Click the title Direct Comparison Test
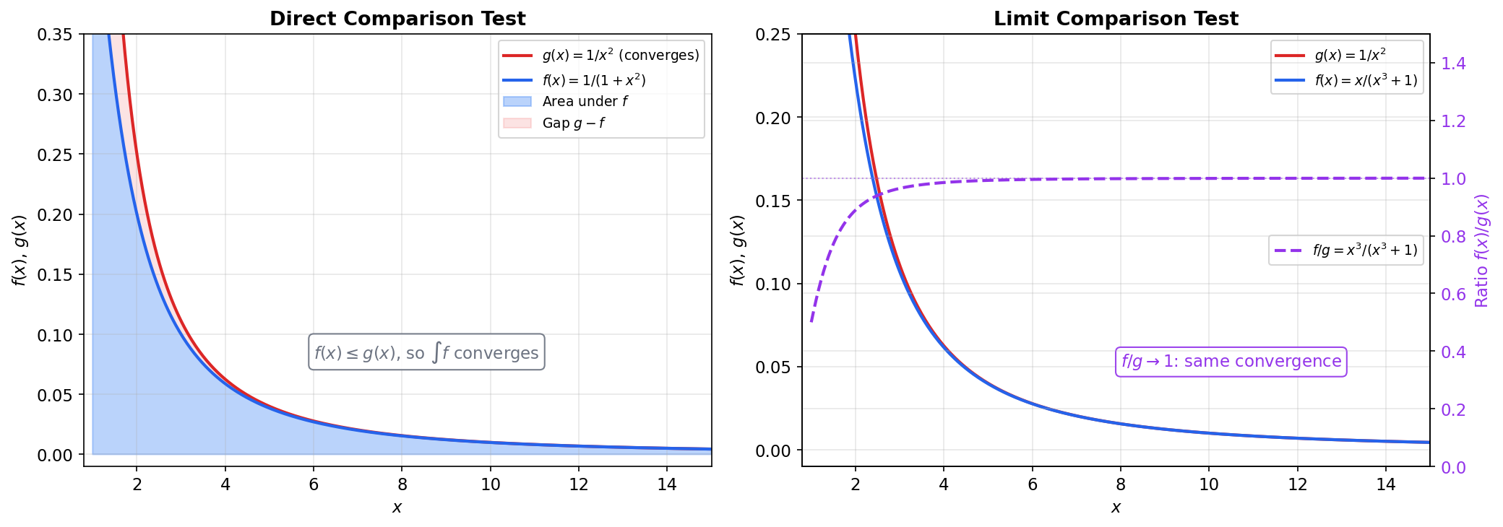[397, 19]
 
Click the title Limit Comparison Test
[1116, 19]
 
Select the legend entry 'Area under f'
[585, 102]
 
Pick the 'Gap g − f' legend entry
[573, 123]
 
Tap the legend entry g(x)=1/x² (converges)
[620, 56]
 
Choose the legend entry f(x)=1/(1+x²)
[593, 80]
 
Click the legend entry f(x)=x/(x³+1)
[1366, 81]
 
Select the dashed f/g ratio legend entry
[1364, 251]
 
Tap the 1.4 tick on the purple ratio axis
[1453, 64]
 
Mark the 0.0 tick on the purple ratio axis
[1453, 468]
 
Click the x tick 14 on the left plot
[667, 484]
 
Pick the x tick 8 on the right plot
[1121, 484]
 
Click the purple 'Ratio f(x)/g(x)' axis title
[1482, 251]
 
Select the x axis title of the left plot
[397, 508]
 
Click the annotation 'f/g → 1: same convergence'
[1231, 362]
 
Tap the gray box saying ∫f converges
[426, 352]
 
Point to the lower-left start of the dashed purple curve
[811, 321]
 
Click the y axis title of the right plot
[737, 251]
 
